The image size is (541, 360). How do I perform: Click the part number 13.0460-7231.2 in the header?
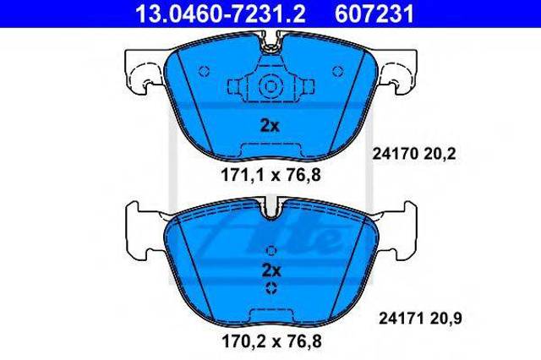[220, 14]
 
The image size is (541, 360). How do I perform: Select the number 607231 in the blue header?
[374, 14]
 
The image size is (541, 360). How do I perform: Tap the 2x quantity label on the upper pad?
[270, 126]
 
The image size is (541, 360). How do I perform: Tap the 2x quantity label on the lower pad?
[271, 270]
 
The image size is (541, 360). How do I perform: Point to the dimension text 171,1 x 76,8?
[270, 175]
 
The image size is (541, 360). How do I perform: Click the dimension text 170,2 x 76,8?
[271, 341]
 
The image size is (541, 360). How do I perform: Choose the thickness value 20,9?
[445, 319]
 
